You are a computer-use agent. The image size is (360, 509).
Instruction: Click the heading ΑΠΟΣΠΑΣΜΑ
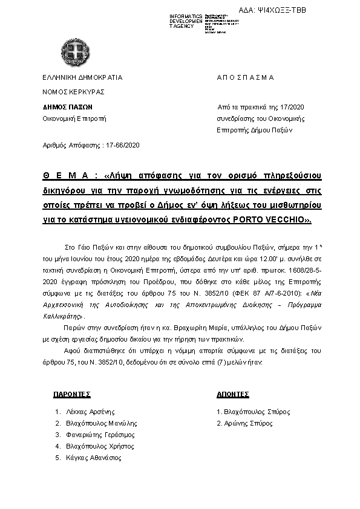click(x=245, y=77)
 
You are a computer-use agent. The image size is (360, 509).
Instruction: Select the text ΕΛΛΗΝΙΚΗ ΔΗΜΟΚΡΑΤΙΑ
click(x=82, y=77)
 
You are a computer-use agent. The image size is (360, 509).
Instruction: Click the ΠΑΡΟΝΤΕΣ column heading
click(x=72, y=394)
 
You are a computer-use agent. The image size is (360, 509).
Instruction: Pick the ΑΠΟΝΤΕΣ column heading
click(x=233, y=394)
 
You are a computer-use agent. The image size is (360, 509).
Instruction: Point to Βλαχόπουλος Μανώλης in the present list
click(x=101, y=423)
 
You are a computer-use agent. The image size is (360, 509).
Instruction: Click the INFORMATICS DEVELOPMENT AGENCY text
click(x=186, y=21)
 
